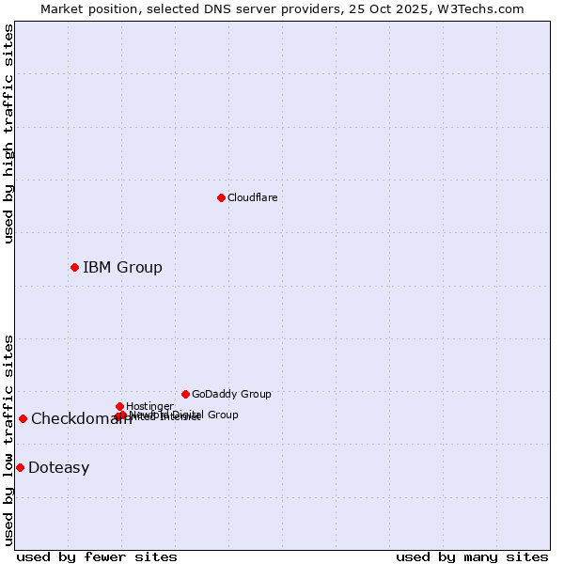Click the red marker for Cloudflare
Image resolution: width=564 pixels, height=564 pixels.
pyautogui.click(x=221, y=197)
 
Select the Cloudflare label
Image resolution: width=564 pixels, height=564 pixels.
pyautogui.click(x=252, y=197)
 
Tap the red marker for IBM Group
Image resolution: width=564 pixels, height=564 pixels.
pyautogui.click(x=74, y=267)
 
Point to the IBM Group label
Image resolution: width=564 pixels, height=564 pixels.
pyautogui.click(x=122, y=267)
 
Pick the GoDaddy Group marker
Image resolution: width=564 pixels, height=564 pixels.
pyautogui.click(x=185, y=394)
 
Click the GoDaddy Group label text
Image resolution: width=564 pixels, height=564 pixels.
pyautogui.click(x=231, y=394)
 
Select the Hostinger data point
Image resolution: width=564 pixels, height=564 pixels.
pyautogui.click(x=119, y=406)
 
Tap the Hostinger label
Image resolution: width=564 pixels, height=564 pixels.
pyautogui.click(x=149, y=406)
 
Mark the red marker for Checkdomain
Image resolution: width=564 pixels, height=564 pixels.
pyautogui.click(x=23, y=418)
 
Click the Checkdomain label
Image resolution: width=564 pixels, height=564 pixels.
pyautogui.click(x=81, y=419)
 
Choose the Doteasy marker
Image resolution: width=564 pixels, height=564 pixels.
pyautogui.click(x=20, y=467)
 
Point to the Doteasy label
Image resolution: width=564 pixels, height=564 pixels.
pyautogui.click(x=58, y=468)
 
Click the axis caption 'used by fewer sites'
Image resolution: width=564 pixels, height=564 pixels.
pyautogui.click(x=97, y=556)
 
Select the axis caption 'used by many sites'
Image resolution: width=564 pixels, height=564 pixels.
pyautogui.click(x=472, y=556)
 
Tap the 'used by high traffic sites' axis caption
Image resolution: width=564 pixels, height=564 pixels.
pyautogui.click(x=9, y=133)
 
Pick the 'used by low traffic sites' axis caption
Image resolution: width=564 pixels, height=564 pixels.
pyautogui.click(x=9, y=440)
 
